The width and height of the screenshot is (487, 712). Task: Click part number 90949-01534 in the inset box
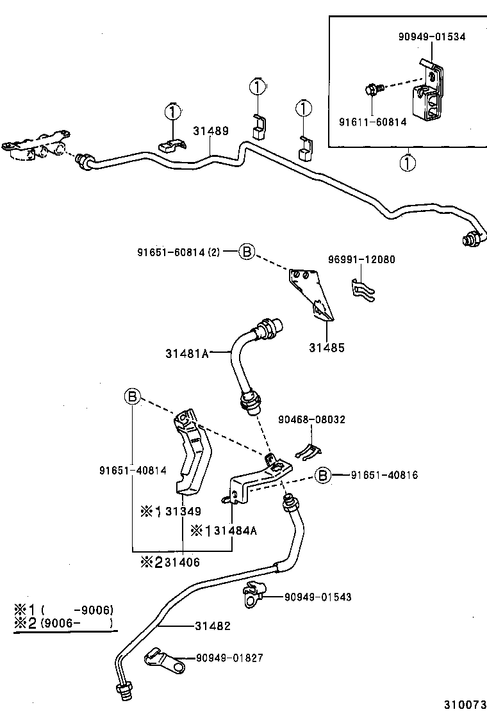pos(431,36)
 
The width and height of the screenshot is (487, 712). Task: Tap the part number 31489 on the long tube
pos(211,131)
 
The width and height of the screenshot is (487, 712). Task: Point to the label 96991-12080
pos(361,260)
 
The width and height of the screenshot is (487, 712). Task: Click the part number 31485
pos(326,348)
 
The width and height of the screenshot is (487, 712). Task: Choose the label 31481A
pos(187,353)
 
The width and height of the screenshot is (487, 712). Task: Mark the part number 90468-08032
pos(311,419)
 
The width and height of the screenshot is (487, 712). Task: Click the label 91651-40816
pos(384,475)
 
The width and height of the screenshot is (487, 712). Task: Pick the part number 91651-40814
pos(133,471)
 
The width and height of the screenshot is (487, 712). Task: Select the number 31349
pos(183,511)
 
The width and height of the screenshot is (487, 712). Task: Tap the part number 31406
pos(182,562)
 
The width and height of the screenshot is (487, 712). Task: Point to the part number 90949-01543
pos(318,597)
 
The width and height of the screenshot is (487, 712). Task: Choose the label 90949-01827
pos(229,658)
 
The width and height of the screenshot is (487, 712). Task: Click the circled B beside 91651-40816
pos(324,475)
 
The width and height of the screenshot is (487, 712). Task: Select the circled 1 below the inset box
pos(407,163)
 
